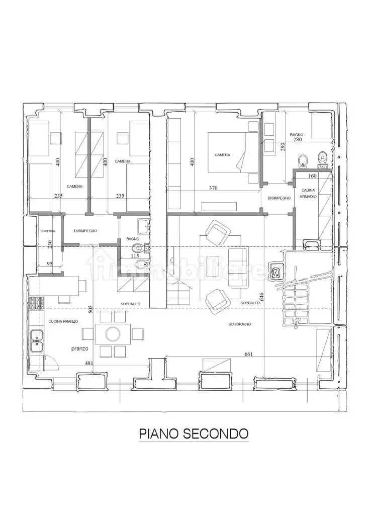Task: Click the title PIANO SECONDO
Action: point(194,433)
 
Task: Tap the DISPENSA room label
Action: point(48,231)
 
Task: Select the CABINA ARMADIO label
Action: point(309,194)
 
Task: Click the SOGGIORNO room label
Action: point(239,324)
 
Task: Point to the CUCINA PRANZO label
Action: point(63,321)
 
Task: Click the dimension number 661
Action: point(247,354)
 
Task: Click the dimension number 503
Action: point(90,309)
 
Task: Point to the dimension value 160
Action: point(312,176)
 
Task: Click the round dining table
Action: point(113,333)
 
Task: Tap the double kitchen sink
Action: point(36,340)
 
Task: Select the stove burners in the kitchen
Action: point(36,303)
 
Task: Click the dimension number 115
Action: point(134,256)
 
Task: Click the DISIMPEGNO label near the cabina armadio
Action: point(279,198)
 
